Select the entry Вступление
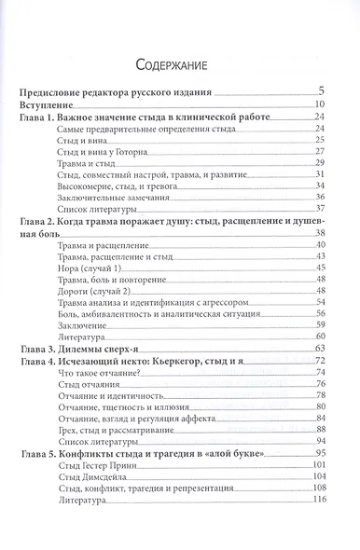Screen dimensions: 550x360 click(x=48, y=103)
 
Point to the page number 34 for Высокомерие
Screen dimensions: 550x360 click(x=318, y=185)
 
